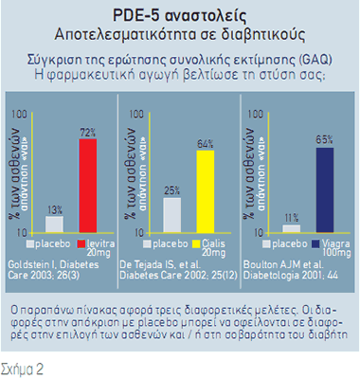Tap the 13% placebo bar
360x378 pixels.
(x=55, y=225)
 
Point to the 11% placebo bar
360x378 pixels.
(x=291, y=228)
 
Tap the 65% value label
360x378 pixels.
(x=324, y=139)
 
